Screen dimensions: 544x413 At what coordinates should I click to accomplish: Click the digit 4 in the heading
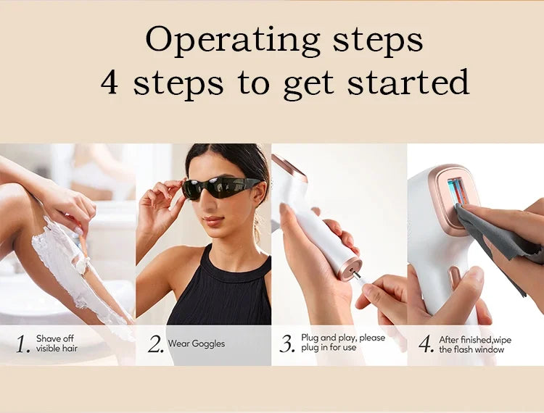point(110,82)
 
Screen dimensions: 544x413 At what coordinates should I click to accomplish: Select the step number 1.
point(23,343)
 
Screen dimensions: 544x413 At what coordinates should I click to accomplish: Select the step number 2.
point(155,343)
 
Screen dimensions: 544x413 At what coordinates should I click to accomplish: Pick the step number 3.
point(287,343)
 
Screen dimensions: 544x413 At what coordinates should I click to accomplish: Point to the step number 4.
point(426,343)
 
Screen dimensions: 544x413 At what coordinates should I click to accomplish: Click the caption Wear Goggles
point(197,343)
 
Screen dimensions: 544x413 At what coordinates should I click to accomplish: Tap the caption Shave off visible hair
point(57,343)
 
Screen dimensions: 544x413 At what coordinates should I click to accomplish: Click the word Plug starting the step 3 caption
point(310,338)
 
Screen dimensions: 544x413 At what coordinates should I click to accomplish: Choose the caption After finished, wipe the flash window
point(475,344)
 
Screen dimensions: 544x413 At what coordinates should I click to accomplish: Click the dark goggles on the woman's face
point(221,187)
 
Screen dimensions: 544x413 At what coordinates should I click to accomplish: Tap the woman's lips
point(213,220)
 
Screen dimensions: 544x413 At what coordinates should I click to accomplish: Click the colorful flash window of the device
point(458,191)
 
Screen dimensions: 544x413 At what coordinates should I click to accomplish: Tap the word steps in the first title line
point(378,42)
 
